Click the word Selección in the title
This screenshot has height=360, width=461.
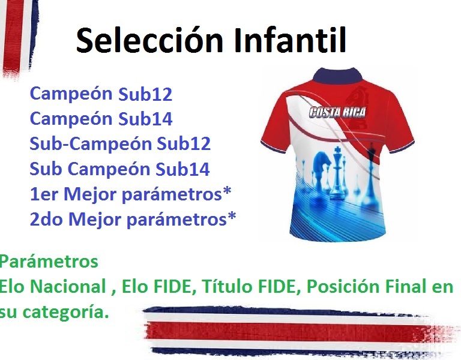point(149,40)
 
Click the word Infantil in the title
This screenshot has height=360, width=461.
point(290,40)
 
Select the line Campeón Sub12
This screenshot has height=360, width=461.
point(101,94)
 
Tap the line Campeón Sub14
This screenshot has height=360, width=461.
point(101,119)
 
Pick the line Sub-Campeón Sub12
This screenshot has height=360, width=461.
point(120,143)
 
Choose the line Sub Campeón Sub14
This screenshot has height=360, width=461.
point(119,169)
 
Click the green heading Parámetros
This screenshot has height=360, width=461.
point(49,261)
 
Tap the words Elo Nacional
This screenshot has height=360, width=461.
point(53,286)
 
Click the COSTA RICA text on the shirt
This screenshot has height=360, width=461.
point(337,112)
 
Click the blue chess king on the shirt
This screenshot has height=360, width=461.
point(337,174)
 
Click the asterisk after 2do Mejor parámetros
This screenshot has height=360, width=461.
point(232,216)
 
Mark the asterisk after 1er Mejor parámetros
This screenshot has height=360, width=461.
point(227,191)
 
